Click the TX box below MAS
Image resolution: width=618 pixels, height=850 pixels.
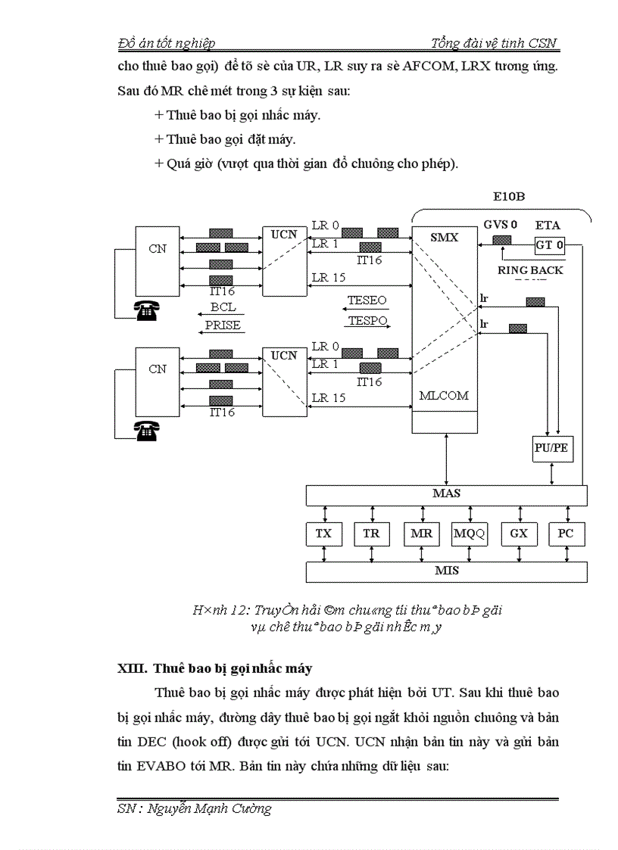click(323, 534)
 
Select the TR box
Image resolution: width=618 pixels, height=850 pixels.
click(371, 534)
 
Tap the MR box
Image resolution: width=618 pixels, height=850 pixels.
click(421, 534)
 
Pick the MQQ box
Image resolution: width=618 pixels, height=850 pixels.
click(470, 534)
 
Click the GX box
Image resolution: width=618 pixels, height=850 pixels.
click(519, 534)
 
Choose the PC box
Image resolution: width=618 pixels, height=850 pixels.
click(566, 534)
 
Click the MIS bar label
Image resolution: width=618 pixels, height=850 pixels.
click(446, 571)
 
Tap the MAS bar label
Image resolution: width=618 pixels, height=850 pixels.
click(446, 493)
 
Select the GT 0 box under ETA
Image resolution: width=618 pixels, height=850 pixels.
click(549, 244)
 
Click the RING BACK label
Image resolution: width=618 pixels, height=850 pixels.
click(530, 270)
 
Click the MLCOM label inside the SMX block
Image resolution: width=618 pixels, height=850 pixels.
click(444, 395)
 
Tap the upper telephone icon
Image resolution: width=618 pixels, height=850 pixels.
click(146, 310)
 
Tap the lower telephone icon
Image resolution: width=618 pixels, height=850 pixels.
click(146, 431)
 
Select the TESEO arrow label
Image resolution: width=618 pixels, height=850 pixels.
click(367, 300)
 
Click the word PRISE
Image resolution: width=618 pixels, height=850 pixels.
click(223, 325)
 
